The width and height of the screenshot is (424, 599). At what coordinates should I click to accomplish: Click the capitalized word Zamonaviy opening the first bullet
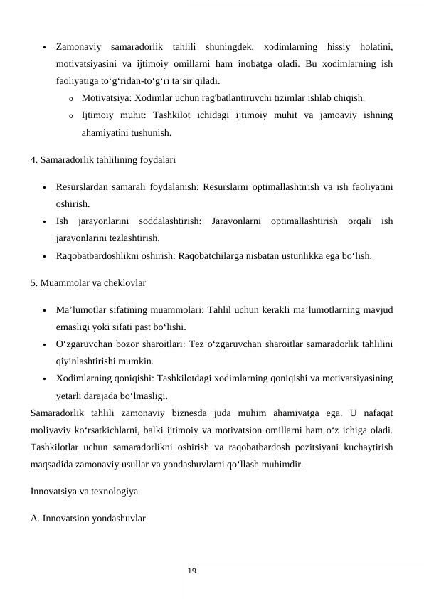click(78, 46)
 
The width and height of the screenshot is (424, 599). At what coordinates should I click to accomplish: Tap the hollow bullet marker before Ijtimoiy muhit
click(70, 115)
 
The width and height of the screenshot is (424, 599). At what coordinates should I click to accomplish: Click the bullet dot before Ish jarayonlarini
click(44, 222)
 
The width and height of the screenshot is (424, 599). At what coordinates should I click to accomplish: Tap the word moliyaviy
click(54, 429)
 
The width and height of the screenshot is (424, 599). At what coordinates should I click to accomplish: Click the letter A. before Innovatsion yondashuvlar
click(35, 518)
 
